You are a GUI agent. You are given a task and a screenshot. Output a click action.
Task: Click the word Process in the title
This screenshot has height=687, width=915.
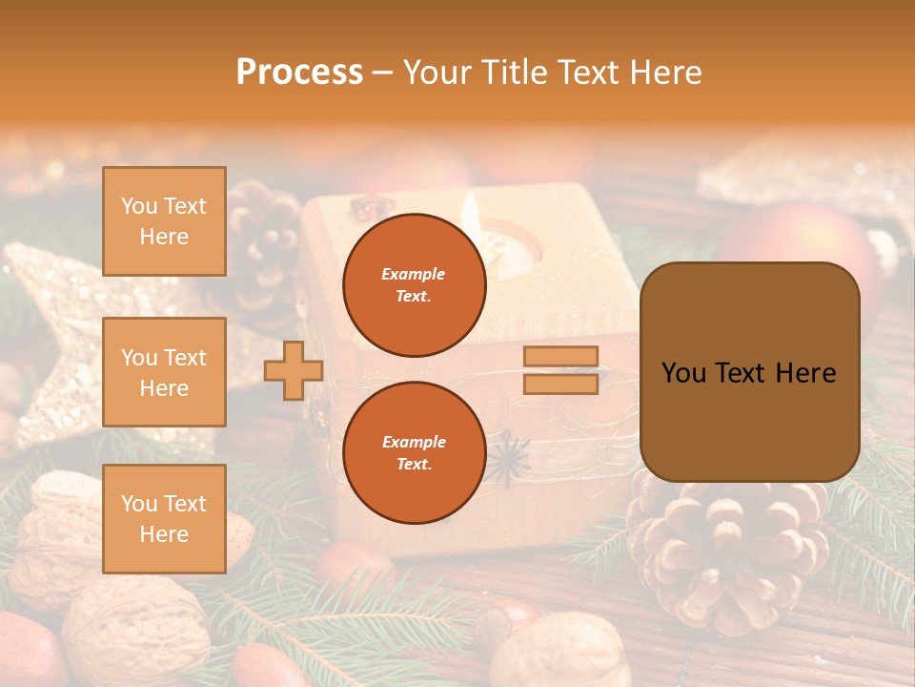click(299, 73)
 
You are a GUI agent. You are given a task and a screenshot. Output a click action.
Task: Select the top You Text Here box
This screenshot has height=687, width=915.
click(164, 221)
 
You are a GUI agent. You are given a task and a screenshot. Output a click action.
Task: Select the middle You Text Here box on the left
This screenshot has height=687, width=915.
click(164, 372)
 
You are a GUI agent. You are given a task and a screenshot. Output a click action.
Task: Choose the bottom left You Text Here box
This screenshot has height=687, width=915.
click(164, 518)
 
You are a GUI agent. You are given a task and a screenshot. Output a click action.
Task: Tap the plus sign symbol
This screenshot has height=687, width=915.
click(294, 371)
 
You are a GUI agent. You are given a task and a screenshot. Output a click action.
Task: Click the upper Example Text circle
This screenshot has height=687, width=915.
click(414, 285)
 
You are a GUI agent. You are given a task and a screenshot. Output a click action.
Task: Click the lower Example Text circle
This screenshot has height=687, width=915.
click(414, 453)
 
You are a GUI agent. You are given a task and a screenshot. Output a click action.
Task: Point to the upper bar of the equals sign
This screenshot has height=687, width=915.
click(561, 357)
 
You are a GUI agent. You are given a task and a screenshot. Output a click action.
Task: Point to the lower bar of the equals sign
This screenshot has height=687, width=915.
click(561, 384)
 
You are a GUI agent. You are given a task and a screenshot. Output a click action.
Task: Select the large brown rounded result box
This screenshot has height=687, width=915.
click(749, 372)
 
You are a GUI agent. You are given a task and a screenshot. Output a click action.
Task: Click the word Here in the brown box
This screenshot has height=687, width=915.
click(805, 373)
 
